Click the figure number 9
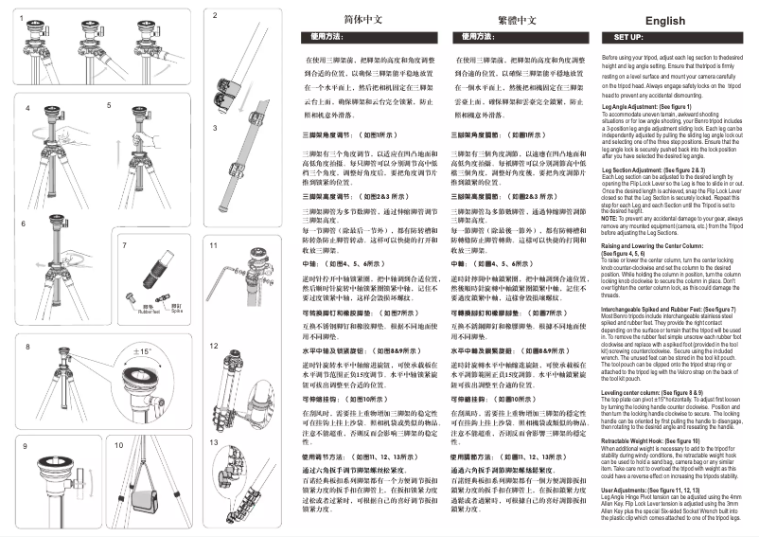coord(25,443)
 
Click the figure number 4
coord(27,109)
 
